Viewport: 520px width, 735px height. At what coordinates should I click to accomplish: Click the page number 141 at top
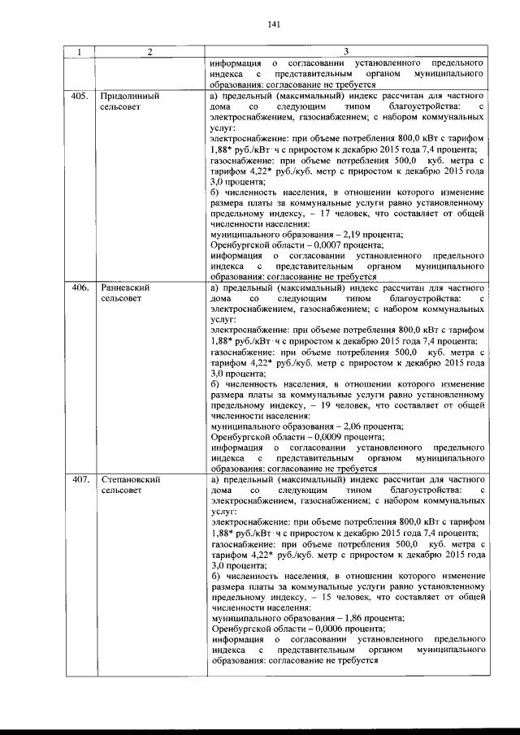[x=273, y=24]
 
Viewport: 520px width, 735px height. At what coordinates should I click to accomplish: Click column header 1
[x=79, y=52]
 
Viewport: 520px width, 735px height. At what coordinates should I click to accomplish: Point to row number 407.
[x=80, y=480]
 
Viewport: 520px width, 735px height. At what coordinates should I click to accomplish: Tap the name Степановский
[x=130, y=480]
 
